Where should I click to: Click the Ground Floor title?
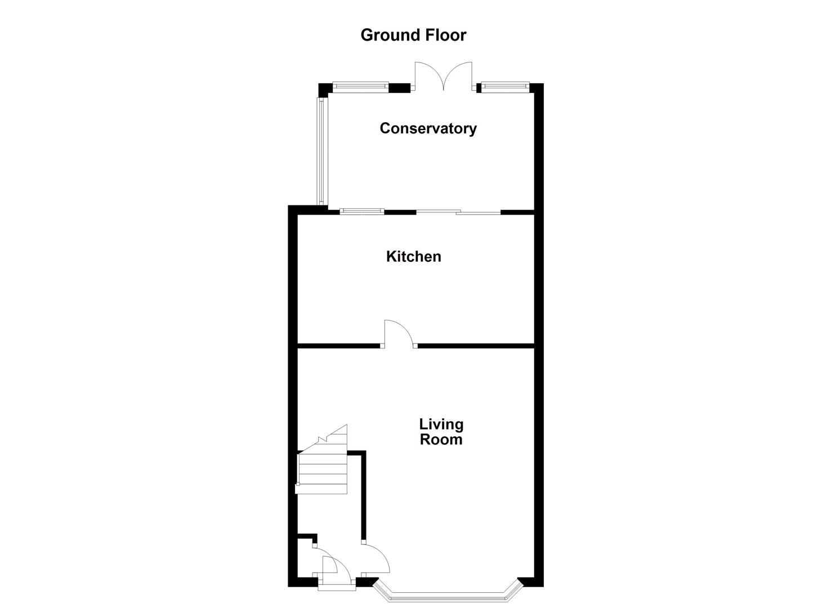tap(413, 35)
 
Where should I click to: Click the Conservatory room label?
tap(428, 128)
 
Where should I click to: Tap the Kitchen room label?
tap(413, 257)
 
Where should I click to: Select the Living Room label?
tap(441, 432)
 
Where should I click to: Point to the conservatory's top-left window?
tap(360, 87)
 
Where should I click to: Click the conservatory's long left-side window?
tap(321, 151)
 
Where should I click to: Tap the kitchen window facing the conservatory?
tap(361, 212)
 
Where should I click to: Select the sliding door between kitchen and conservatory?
tap(458, 212)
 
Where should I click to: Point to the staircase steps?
tap(322, 473)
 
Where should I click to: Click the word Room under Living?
tap(441, 440)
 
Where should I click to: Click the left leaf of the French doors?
tap(429, 77)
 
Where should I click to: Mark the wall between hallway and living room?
tap(364, 495)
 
